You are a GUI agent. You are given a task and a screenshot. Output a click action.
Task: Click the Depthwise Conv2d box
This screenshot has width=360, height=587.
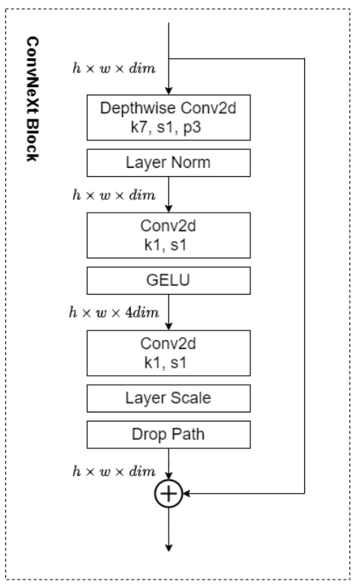[x=168, y=118]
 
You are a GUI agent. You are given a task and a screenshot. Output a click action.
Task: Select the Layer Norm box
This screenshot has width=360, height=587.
[x=168, y=163]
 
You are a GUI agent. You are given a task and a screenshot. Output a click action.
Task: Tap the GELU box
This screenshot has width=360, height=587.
[x=168, y=280]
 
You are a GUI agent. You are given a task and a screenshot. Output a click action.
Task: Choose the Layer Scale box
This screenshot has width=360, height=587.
[x=168, y=398]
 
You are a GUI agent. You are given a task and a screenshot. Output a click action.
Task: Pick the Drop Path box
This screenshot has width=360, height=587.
[x=168, y=435]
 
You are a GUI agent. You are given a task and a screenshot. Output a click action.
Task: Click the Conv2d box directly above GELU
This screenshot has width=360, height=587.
[x=168, y=236]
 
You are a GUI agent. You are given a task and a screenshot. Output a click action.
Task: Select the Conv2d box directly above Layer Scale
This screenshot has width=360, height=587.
[x=168, y=353]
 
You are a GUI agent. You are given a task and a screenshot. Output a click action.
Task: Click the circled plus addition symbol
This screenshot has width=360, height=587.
[x=168, y=494]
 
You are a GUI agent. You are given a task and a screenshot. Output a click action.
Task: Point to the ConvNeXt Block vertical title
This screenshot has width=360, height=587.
[x=32, y=99]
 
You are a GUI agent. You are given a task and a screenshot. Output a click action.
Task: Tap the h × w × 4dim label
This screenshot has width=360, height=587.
[x=114, y=313]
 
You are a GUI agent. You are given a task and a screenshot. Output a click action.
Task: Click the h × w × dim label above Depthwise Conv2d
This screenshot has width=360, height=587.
[x=114, y=68]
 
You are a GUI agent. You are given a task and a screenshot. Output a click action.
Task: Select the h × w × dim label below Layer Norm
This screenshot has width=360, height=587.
[x=114, y=195]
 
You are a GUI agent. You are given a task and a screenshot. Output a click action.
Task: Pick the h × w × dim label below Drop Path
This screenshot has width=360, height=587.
[x=114, y=471]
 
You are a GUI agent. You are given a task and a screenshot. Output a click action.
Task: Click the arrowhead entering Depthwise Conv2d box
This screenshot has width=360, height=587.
[x=168, y=91]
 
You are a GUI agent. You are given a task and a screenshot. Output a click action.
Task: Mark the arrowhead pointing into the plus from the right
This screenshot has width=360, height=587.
[x=186, y=494]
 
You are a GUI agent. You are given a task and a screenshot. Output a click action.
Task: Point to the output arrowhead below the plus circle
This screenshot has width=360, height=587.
[x=168, y=547]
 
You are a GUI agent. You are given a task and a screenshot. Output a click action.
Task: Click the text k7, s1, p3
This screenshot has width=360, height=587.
[x=165, y=128]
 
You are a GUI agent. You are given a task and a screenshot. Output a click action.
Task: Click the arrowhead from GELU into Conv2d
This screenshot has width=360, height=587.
[x=168, y=327]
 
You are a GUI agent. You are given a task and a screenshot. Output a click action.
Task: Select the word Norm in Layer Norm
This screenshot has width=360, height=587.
[x=191, y=163]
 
